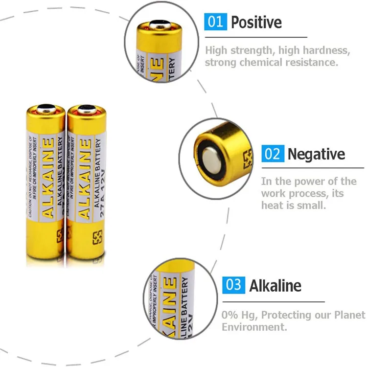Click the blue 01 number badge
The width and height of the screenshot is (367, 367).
(x=215, y=22)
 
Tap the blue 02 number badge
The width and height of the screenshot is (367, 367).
(x=272, y=154)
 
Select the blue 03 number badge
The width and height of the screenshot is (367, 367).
(x=233, y=285)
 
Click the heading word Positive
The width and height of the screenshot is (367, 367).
(x=256, y=22)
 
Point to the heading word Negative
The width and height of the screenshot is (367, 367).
(x=316, y=154)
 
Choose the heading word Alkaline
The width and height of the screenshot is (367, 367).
(x=275, y=285)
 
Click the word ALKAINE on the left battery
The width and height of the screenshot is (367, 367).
(x=48, y=179)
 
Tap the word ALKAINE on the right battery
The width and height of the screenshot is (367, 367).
(x=85, y=179)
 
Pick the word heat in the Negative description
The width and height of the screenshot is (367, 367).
(x=272, y=205)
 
